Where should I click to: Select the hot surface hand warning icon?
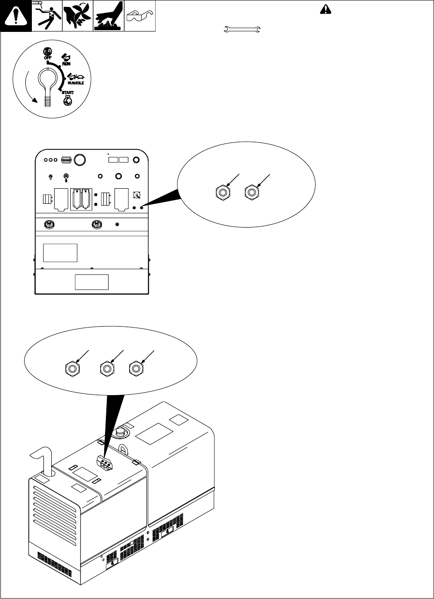pyautogui.click(x=109, y=16)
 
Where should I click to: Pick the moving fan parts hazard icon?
pyautogui.click(x=78, y=16)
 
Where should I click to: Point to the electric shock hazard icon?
pyautogui.click(x=47, y=16)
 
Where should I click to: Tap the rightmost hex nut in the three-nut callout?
pyautogui.click(x=136, y=369)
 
